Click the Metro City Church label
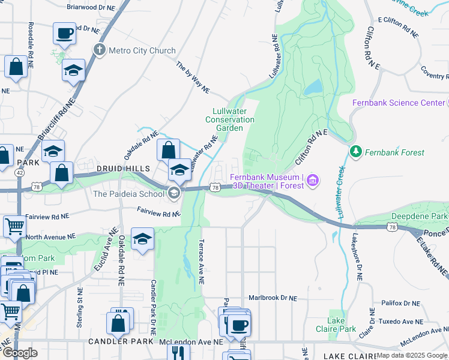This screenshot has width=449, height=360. [x=142, y=51]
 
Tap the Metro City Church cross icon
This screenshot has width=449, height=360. [x=100, y=50]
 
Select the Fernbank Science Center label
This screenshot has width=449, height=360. [x=399, y=103]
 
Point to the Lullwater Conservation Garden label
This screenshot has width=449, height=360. [x=233, y=119]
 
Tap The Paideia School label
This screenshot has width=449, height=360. [x=129, y=194]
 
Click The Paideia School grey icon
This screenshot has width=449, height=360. [x=173, y=193]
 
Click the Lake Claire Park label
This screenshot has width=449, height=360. [x=336, y=325]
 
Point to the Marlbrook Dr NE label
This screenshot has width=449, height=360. [x=273, y=298]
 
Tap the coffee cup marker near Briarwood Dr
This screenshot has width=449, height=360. [x=64, y=33]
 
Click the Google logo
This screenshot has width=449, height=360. [x=20, y=353]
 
